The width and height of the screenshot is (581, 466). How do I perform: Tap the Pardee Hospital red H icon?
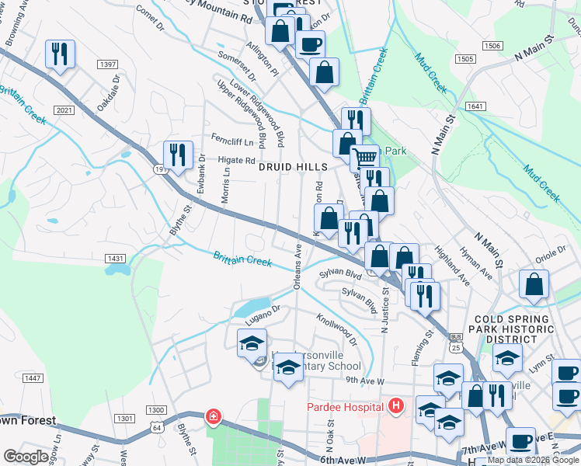coord(397,405)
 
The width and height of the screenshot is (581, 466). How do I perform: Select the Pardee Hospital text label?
coord(345,406)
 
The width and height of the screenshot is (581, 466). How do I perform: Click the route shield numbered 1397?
coord(108,64)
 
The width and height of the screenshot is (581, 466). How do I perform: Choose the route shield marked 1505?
coord(465,59)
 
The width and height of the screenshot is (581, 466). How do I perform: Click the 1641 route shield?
coord(475,106)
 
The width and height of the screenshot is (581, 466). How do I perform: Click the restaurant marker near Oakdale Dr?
coord(60,54)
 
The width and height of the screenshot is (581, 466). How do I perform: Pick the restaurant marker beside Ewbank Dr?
coord(178,155)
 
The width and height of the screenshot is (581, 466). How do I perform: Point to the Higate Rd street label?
coord(236,160)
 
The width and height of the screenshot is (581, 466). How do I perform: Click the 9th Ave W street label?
coord(366,381)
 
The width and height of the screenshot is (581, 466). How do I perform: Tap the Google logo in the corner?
coord(26,457)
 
